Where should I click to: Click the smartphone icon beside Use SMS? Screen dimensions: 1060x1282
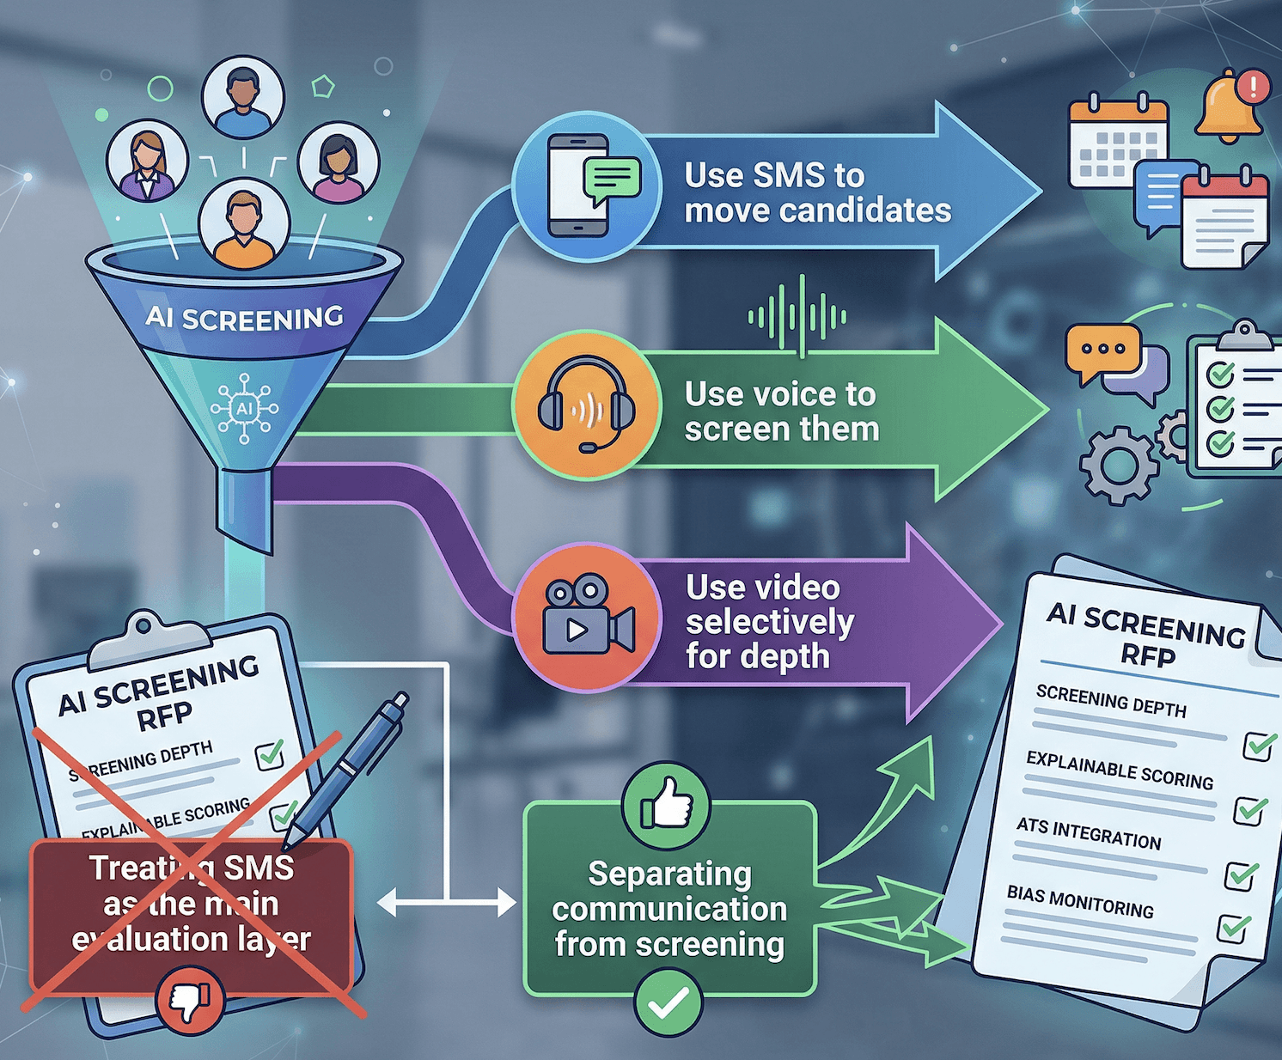578,185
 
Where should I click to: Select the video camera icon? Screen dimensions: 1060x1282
587,616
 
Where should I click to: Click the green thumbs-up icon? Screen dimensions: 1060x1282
666,805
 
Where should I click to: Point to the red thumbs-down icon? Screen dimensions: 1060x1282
190,1001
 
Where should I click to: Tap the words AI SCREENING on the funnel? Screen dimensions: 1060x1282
244,319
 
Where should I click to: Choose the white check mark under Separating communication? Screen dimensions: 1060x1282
668,1002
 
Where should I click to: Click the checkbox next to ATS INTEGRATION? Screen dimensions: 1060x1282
1240,874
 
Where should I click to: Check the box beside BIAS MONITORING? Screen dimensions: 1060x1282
1234,928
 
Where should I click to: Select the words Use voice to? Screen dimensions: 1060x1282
779,394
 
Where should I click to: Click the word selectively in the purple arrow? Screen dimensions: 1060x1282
770,622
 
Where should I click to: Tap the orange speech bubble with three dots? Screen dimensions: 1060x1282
1102,351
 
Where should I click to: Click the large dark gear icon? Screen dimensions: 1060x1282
1118,465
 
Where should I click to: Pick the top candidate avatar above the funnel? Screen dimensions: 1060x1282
243,98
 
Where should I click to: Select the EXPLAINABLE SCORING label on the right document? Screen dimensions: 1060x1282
1119,769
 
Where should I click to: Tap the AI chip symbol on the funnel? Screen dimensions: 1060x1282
245,408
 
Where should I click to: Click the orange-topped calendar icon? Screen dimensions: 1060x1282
1117,142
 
